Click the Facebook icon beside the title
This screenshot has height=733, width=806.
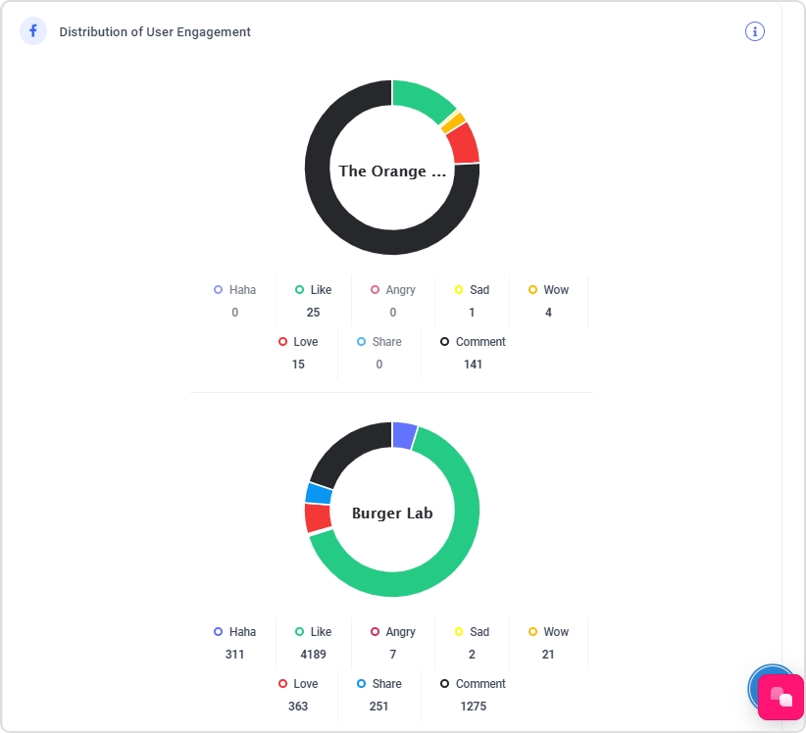32,31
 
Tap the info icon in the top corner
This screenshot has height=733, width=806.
754,31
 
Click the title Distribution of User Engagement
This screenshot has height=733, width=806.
155,32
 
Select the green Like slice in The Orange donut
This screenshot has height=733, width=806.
423,99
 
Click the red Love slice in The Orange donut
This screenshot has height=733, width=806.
462,143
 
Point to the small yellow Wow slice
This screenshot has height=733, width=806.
452,122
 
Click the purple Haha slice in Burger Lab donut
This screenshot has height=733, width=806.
404,434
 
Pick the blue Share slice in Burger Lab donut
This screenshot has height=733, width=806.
318,492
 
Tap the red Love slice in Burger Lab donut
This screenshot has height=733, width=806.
318,517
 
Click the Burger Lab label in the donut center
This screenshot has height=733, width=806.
392,513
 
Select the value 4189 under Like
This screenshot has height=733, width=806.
313,655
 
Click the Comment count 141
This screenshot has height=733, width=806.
473,365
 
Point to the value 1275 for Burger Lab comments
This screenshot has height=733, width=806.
473,707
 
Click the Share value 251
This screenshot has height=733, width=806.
379,707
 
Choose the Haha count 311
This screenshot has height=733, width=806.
234,655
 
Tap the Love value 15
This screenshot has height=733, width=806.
298,365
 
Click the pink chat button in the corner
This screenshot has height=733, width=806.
781,697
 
